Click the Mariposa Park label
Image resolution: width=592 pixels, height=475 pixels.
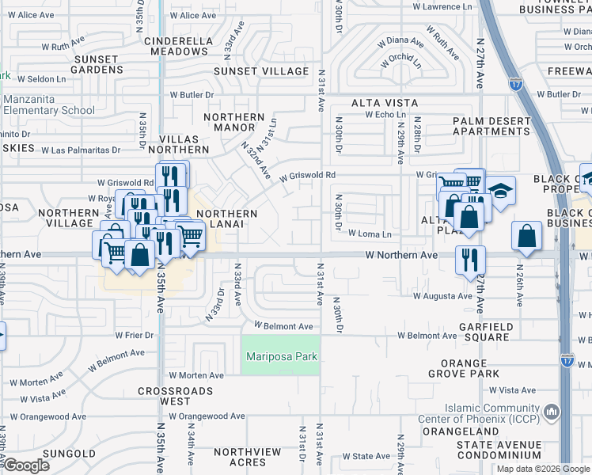[x=281, y=356]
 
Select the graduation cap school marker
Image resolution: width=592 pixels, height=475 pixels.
[x=500, y=192]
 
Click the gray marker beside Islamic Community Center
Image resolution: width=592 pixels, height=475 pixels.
[x=552, y=412]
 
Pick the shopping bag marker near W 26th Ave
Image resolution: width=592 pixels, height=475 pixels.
[x=526, y=236]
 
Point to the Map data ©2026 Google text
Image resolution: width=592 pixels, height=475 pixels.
[x=543, y=469]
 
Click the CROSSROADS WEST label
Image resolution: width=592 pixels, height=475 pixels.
[x=176, y=397]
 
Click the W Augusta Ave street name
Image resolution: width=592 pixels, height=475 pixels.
[x=442, y=296]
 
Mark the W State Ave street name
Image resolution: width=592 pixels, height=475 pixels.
[x=366, y=457]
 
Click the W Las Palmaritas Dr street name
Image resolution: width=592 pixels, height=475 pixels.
[x=81, y=150]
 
